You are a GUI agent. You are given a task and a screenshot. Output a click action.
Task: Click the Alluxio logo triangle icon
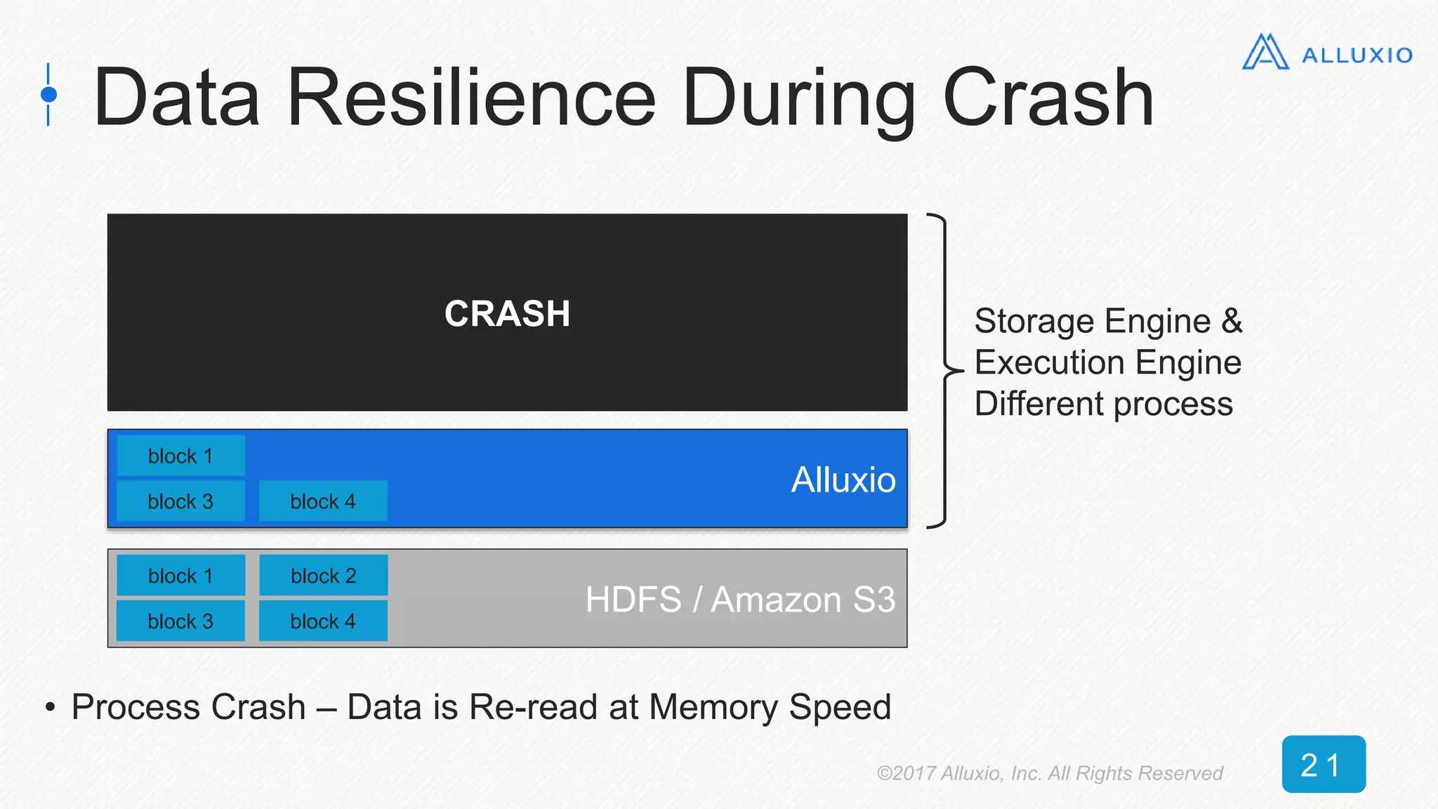coord(1265,53)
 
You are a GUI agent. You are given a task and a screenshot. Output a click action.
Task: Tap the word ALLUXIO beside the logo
coord(1357,55)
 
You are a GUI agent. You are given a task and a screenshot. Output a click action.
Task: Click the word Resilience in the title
coord(471,98)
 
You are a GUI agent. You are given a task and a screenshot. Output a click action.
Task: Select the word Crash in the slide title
coord(1048,98)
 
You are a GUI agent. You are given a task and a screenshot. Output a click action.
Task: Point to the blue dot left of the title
coord(48,94)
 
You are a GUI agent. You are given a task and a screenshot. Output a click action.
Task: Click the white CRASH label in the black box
coord(507,313)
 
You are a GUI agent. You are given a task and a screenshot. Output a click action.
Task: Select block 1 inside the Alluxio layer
coord(180,456)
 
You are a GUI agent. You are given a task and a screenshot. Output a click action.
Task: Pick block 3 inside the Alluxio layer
coord(180,501)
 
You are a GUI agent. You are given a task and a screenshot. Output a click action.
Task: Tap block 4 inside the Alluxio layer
coord(323,501)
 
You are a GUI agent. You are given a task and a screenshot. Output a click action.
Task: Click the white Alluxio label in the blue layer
coord(843,480)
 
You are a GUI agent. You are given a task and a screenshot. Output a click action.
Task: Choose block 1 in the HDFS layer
coord(180,576)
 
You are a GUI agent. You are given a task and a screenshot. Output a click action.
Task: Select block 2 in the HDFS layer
coord(323,576)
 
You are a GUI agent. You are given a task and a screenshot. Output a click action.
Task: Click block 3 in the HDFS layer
coord(180,621)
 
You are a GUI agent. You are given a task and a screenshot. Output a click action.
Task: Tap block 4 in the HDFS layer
coord(323,621)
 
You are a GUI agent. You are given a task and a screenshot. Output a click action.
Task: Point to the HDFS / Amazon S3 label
coord(740,600)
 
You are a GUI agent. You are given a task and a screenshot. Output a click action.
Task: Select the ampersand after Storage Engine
coord(1232,322)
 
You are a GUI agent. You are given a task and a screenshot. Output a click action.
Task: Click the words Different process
coord(1103,404)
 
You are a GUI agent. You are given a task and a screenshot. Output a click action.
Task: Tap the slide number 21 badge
coord(1323,765)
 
